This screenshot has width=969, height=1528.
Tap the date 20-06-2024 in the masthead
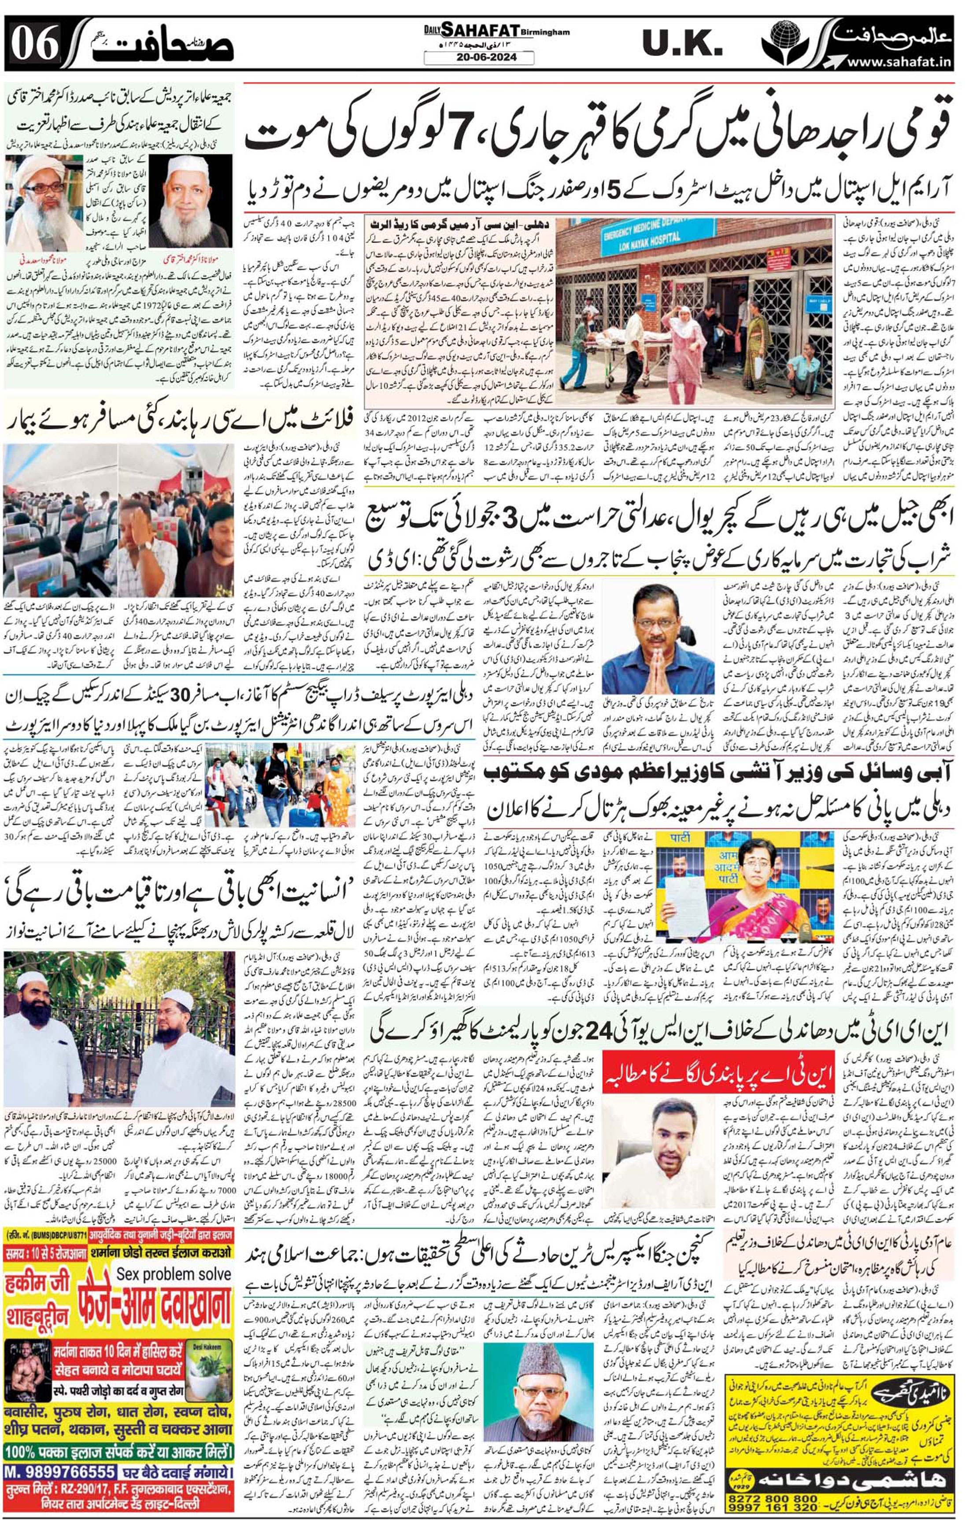pos(479,58)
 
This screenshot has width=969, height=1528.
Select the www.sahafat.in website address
pos(900,61)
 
